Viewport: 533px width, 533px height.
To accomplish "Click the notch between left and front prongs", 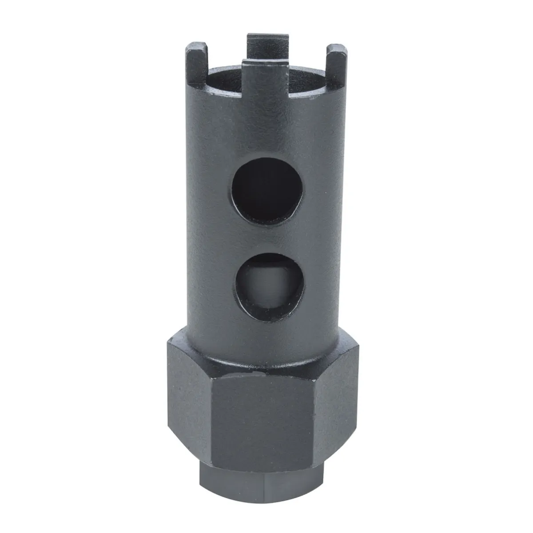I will pyautogui.click(x=224, y=78).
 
